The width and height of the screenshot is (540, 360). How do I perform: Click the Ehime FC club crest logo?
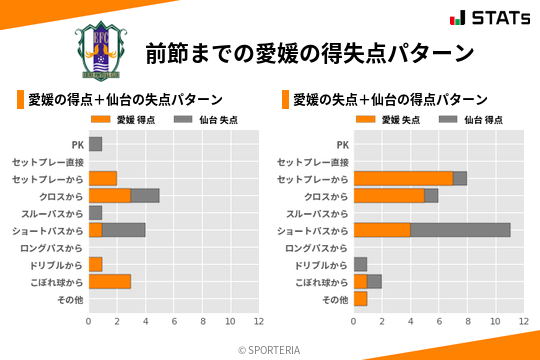point(100,48)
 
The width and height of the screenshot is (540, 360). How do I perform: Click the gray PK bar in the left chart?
point(95,144)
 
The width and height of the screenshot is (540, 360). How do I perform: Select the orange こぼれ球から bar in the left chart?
point(110,281)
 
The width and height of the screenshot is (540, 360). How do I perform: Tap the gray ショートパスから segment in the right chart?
point(460,230)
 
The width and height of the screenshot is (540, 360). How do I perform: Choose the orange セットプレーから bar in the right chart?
point(403,178)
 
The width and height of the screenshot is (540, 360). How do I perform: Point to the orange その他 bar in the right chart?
point(360,298)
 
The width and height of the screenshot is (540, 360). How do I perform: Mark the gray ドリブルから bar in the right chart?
point(360,264)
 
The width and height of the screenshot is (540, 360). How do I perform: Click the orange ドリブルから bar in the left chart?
point(95,264)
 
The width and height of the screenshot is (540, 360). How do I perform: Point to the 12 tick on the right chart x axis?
point(523,321)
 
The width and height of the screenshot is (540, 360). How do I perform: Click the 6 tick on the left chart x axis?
point(173,321)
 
